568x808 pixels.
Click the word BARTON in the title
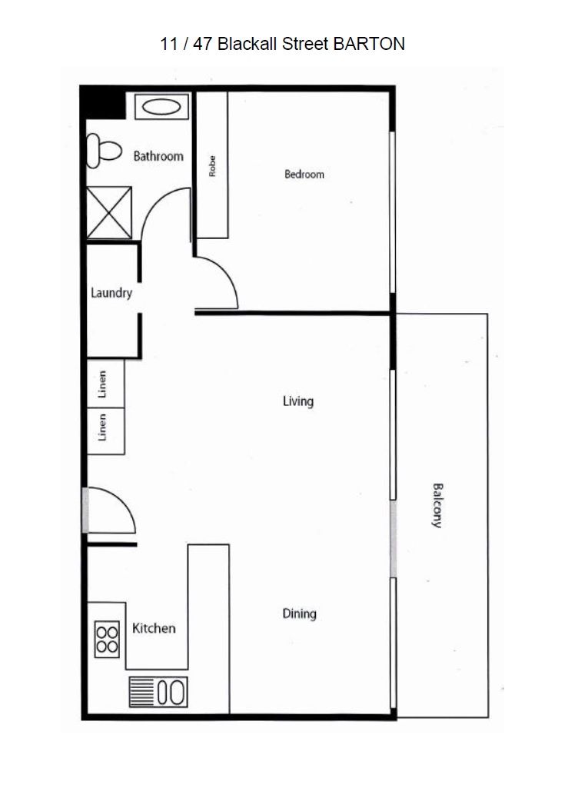[369, 44]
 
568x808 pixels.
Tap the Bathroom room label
[158, 156]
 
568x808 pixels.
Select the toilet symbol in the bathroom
[104, 151]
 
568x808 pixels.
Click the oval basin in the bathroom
[161, 107]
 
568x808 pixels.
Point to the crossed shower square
[108, 212]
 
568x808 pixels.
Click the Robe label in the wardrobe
[212, 167]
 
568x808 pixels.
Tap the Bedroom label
[304, 175]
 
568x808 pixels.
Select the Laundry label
[111, 293]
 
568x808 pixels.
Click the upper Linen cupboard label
[102, 384]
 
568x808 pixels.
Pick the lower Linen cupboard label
[102, 427]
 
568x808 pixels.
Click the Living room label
[298, 401]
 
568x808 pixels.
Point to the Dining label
[299, 613]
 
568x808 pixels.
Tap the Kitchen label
[154, 628]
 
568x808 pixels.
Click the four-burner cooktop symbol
[107, 640]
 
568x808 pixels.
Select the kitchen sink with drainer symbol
[158, 692]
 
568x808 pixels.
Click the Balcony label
[437, 506]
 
